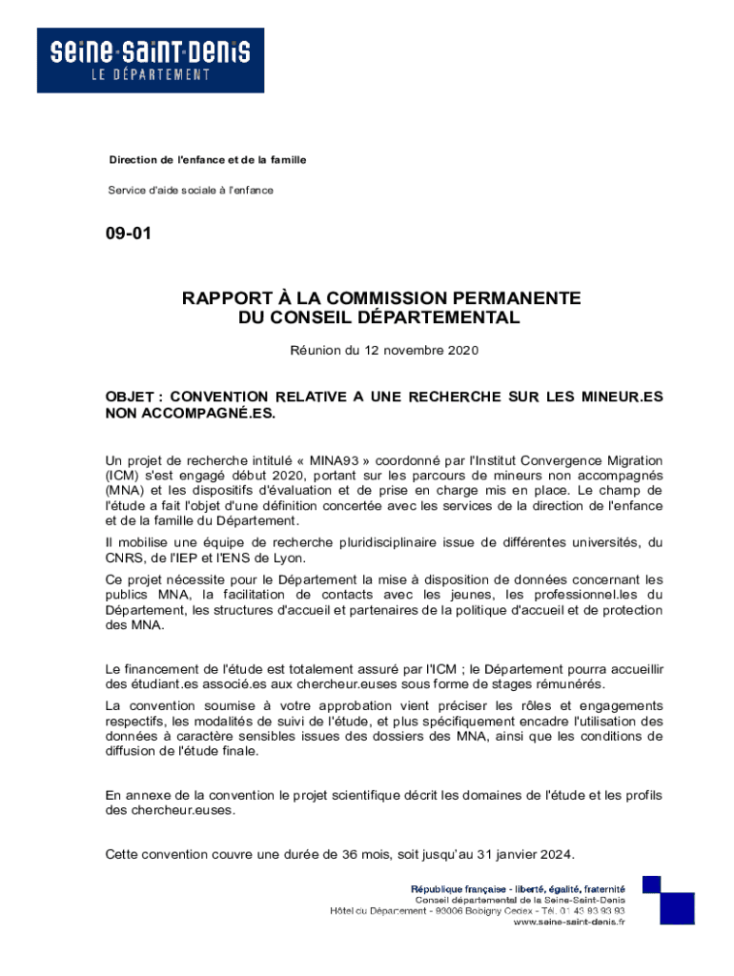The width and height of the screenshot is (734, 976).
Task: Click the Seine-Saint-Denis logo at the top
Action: pos(151,60)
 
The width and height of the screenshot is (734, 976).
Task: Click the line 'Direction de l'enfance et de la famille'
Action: pos(207,159)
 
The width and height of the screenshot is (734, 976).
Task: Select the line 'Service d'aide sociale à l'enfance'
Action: pos(191,191)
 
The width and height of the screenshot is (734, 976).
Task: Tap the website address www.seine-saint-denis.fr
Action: pos(569,922)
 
